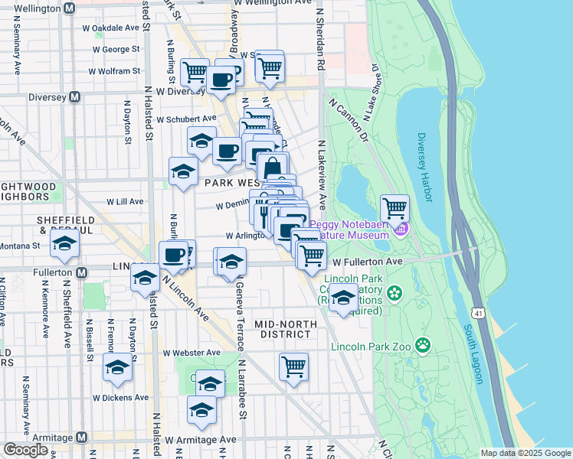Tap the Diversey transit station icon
coord(75,97)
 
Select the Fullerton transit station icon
coord(80,272)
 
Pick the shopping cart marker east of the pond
coord(395,207)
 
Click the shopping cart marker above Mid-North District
coord(293,367)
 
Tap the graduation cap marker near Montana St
coord(65,244)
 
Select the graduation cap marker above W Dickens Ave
coord(117,368)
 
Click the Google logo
coord(25,450)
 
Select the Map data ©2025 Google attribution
coord(525,453)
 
